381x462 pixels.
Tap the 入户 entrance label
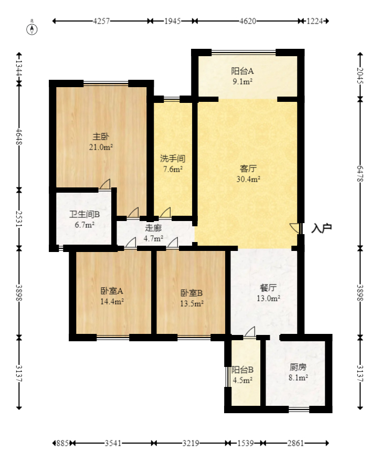click(x=322, y=228)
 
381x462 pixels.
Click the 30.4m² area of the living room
click(x=249, y=179)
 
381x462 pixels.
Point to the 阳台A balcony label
click(x=242, y=71)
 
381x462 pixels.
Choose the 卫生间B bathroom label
click(x=82, y=215)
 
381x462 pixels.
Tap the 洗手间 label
click(x=172, y=158)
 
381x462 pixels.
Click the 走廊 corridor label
click(x=153, y=228)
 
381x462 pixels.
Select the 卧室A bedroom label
click(x=112, y=291)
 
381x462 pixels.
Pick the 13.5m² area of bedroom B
click(x=192, y=303)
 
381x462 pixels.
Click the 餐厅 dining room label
click(x=268, y=288)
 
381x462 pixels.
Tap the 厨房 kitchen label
click(x=298, y=367)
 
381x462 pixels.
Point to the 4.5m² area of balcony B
click(x=243, y=381)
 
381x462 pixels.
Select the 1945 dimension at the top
click(x=172, y=22)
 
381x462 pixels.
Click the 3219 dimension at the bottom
click(x=190, y=444)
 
